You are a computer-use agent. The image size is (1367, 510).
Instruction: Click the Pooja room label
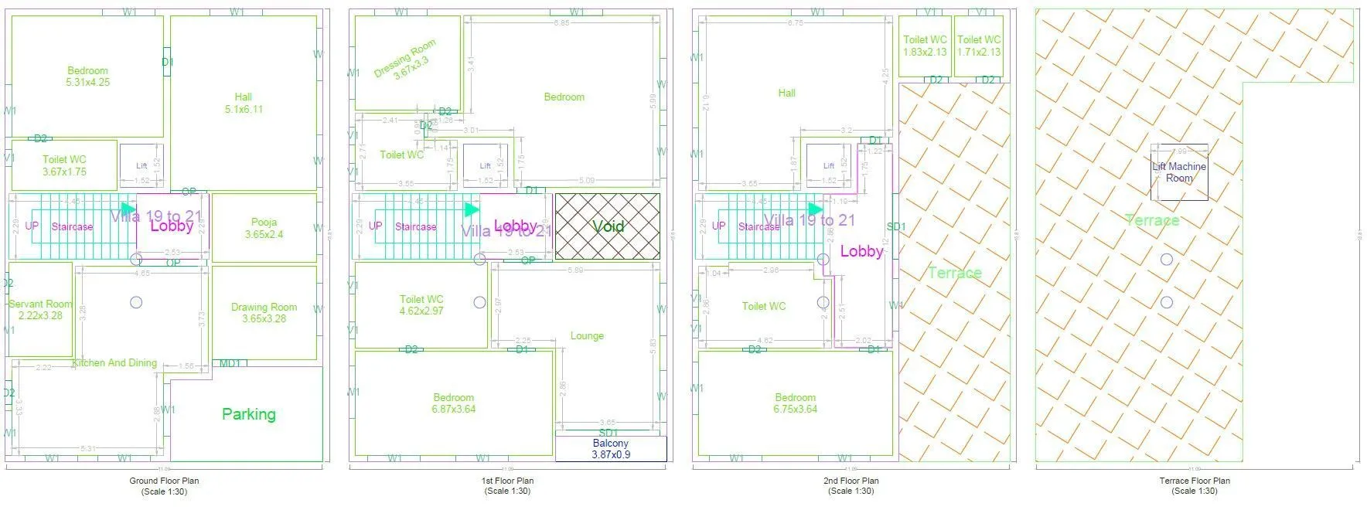click(264, 228)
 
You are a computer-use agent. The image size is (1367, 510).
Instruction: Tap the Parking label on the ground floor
click(248, 414)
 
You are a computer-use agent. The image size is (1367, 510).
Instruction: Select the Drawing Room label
click(264, 312)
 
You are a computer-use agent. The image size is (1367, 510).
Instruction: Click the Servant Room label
click(40, 309)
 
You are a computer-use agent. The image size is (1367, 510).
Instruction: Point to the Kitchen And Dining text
click(114, 362)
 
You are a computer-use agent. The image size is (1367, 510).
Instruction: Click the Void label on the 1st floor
click(608, 226)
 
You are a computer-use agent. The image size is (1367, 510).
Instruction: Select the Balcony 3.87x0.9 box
click(610, 449)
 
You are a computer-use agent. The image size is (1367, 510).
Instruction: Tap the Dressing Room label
click(405, 59)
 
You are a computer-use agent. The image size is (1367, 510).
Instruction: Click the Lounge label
click(587, 335)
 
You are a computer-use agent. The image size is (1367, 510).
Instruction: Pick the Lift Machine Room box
click(1178, 172)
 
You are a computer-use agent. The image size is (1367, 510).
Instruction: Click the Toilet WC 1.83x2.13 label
click(925, 46)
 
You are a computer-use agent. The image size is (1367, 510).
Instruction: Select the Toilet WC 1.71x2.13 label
click(978, 46)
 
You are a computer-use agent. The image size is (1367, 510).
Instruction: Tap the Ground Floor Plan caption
click(164, 485)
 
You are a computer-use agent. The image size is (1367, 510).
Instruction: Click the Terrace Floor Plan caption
click(1194, 485)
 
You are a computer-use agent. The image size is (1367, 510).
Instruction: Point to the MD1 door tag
click(230, 363)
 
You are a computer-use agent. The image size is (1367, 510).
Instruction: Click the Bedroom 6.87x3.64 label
click(453, 403)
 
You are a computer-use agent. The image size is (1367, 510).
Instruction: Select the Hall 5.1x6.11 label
click(243, 103)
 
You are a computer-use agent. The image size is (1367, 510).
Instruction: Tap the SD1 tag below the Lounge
click(608, 432)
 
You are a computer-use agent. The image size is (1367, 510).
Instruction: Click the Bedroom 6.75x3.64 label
click(795, 403)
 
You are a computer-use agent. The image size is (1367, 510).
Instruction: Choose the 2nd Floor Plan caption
click(851, 485)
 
